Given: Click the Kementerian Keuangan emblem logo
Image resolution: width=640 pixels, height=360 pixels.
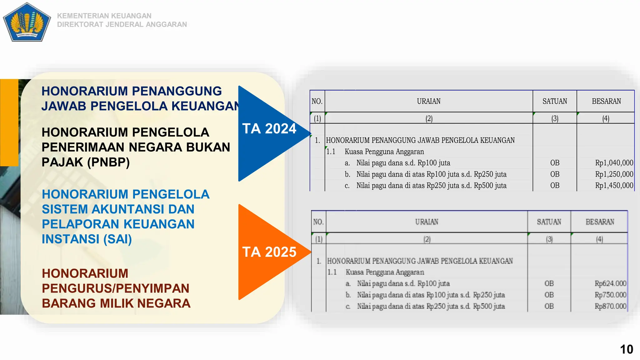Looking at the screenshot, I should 27,22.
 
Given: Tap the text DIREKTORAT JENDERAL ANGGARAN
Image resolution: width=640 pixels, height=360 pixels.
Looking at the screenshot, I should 122,24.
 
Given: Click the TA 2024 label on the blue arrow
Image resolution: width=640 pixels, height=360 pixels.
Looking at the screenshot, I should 269,129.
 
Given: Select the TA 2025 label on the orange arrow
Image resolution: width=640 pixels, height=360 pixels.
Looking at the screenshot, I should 269,252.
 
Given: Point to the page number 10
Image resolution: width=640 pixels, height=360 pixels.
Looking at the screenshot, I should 626,349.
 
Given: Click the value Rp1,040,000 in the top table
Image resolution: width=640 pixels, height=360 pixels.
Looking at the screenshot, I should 614,163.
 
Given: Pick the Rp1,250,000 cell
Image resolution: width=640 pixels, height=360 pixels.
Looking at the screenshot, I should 614,174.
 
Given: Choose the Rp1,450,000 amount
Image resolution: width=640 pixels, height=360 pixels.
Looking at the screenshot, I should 614,185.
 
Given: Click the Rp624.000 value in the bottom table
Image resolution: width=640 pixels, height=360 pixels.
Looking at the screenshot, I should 610,283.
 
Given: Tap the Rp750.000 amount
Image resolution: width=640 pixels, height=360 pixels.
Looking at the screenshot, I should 610,295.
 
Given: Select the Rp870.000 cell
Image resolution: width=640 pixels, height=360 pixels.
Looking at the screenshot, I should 610,306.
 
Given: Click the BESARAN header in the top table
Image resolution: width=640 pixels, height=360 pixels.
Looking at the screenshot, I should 606,101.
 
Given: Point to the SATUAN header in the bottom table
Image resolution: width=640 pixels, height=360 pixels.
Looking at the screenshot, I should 549,222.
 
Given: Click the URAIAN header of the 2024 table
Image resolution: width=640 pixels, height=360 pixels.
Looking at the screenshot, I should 428,101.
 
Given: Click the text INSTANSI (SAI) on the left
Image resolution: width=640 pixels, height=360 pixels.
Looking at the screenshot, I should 87,239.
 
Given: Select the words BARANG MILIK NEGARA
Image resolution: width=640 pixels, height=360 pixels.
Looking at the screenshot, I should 116,303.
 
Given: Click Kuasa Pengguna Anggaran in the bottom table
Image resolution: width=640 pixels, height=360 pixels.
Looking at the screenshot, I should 384,272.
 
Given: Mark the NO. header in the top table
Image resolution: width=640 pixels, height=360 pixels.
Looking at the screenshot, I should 317,101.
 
